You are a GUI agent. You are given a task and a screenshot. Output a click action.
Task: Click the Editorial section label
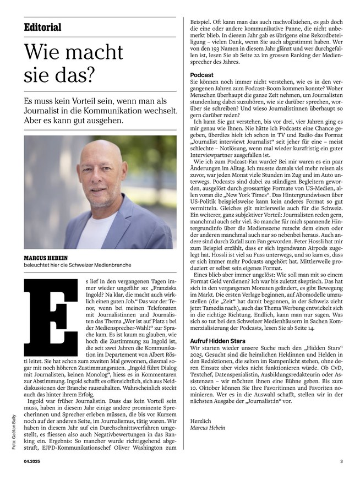43,28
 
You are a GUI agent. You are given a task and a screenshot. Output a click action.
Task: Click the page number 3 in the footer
341,461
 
